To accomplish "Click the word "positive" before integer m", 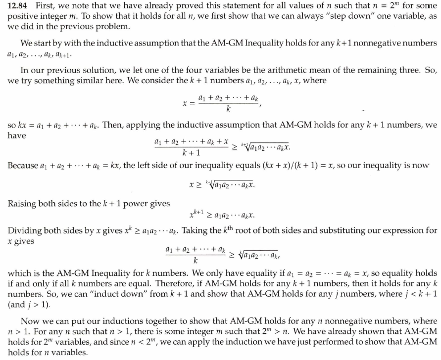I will point(22,16).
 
